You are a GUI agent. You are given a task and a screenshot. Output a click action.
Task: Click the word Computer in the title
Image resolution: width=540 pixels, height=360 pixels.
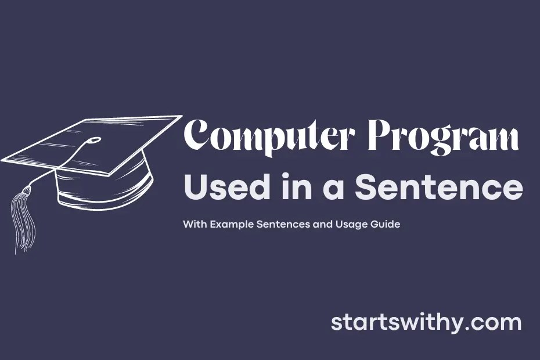(269, 138)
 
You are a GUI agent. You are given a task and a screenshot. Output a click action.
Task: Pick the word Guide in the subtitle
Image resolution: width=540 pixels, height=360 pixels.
(387, 224)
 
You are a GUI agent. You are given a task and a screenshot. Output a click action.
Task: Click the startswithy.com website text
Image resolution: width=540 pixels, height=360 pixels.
(426, 323)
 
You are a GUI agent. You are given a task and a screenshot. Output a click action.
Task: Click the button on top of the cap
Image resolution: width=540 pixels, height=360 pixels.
(95, 140)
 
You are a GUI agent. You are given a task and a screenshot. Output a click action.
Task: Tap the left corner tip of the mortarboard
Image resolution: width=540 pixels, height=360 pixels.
(3, 159)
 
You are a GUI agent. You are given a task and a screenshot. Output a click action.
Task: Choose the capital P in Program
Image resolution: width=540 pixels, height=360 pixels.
(380, 137)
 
